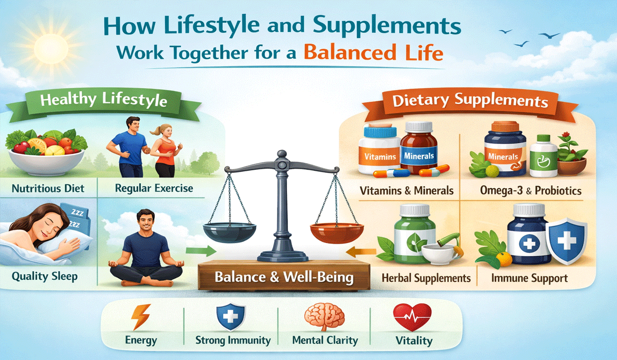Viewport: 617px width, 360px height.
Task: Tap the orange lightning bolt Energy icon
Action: click(140, 317)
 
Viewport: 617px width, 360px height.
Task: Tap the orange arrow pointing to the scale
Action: click(356, 251)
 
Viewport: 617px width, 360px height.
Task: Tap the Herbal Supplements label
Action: click(426, 278)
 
